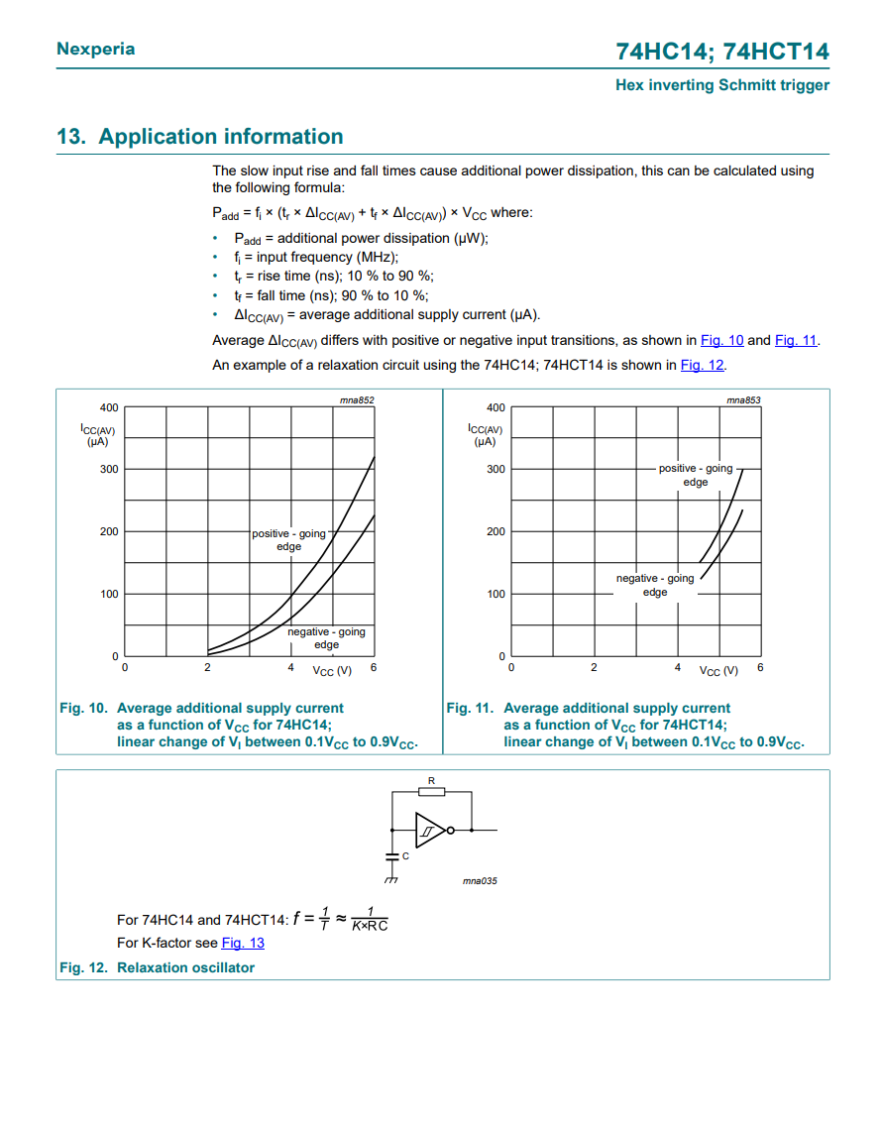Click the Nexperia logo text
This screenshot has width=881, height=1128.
pos(96,49)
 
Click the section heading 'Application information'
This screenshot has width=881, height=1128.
pos(221,137)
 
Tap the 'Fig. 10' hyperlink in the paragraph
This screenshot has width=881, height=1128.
pos(721,340)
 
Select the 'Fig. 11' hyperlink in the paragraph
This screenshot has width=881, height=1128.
pos(795,340)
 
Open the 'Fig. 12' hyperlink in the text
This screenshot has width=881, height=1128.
pos(702,365)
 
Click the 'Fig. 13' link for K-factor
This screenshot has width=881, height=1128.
pos(243,943)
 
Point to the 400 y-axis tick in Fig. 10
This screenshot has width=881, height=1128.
pos(109,407)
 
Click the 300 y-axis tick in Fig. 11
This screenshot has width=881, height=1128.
pos(496,469)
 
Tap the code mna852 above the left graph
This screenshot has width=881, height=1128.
pos(357,399)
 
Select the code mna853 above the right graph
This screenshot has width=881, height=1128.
pos(743,399)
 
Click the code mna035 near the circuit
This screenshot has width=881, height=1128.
pos(480,880)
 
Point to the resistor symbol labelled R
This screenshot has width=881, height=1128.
pos(431,791)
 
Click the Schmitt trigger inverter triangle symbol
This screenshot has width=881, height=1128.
pos(429,830)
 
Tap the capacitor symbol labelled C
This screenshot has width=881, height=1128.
pos(391,853)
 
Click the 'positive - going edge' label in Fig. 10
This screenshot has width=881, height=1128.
pos(288,540)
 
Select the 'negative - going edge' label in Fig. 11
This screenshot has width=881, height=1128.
pos(655,585)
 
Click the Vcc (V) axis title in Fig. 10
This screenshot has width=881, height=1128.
pos(332,671)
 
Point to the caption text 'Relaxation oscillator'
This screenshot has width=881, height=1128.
pos(185,967)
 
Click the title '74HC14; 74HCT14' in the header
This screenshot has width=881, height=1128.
pos(722,52)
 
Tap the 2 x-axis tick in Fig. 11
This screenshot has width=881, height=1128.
pos(594,668)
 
